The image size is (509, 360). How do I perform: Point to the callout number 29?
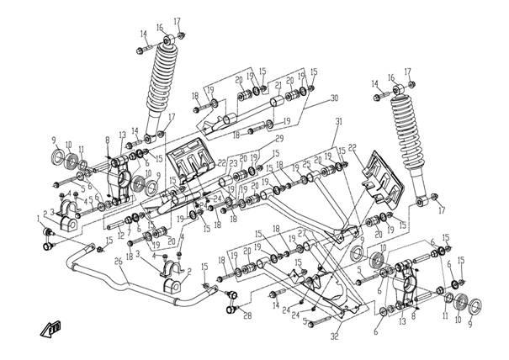click(278, 138)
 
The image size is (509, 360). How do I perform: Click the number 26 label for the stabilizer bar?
click(119, 261)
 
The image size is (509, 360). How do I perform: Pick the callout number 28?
click(247, 315)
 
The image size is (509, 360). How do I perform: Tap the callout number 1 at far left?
click(38, 217)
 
